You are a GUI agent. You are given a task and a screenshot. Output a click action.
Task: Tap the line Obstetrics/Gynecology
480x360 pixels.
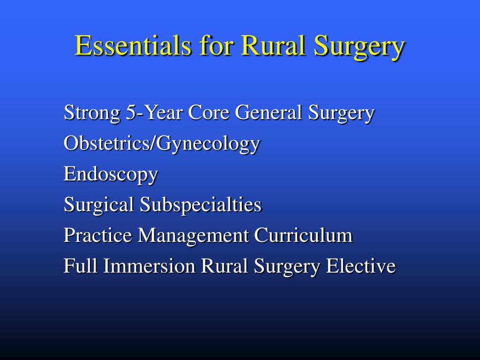point(162,144)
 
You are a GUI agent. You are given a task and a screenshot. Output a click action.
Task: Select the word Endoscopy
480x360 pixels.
point(111,175)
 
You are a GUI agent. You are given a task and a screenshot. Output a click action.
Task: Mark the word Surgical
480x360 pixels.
point(99,205)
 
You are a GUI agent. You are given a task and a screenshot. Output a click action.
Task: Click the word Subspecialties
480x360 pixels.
point(200,205)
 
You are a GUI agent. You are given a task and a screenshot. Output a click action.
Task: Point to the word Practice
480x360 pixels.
point(98,235)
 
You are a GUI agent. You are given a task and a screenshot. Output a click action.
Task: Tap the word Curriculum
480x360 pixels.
point(303,235)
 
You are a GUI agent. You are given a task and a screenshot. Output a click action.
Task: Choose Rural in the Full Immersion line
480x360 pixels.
point(225,266)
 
